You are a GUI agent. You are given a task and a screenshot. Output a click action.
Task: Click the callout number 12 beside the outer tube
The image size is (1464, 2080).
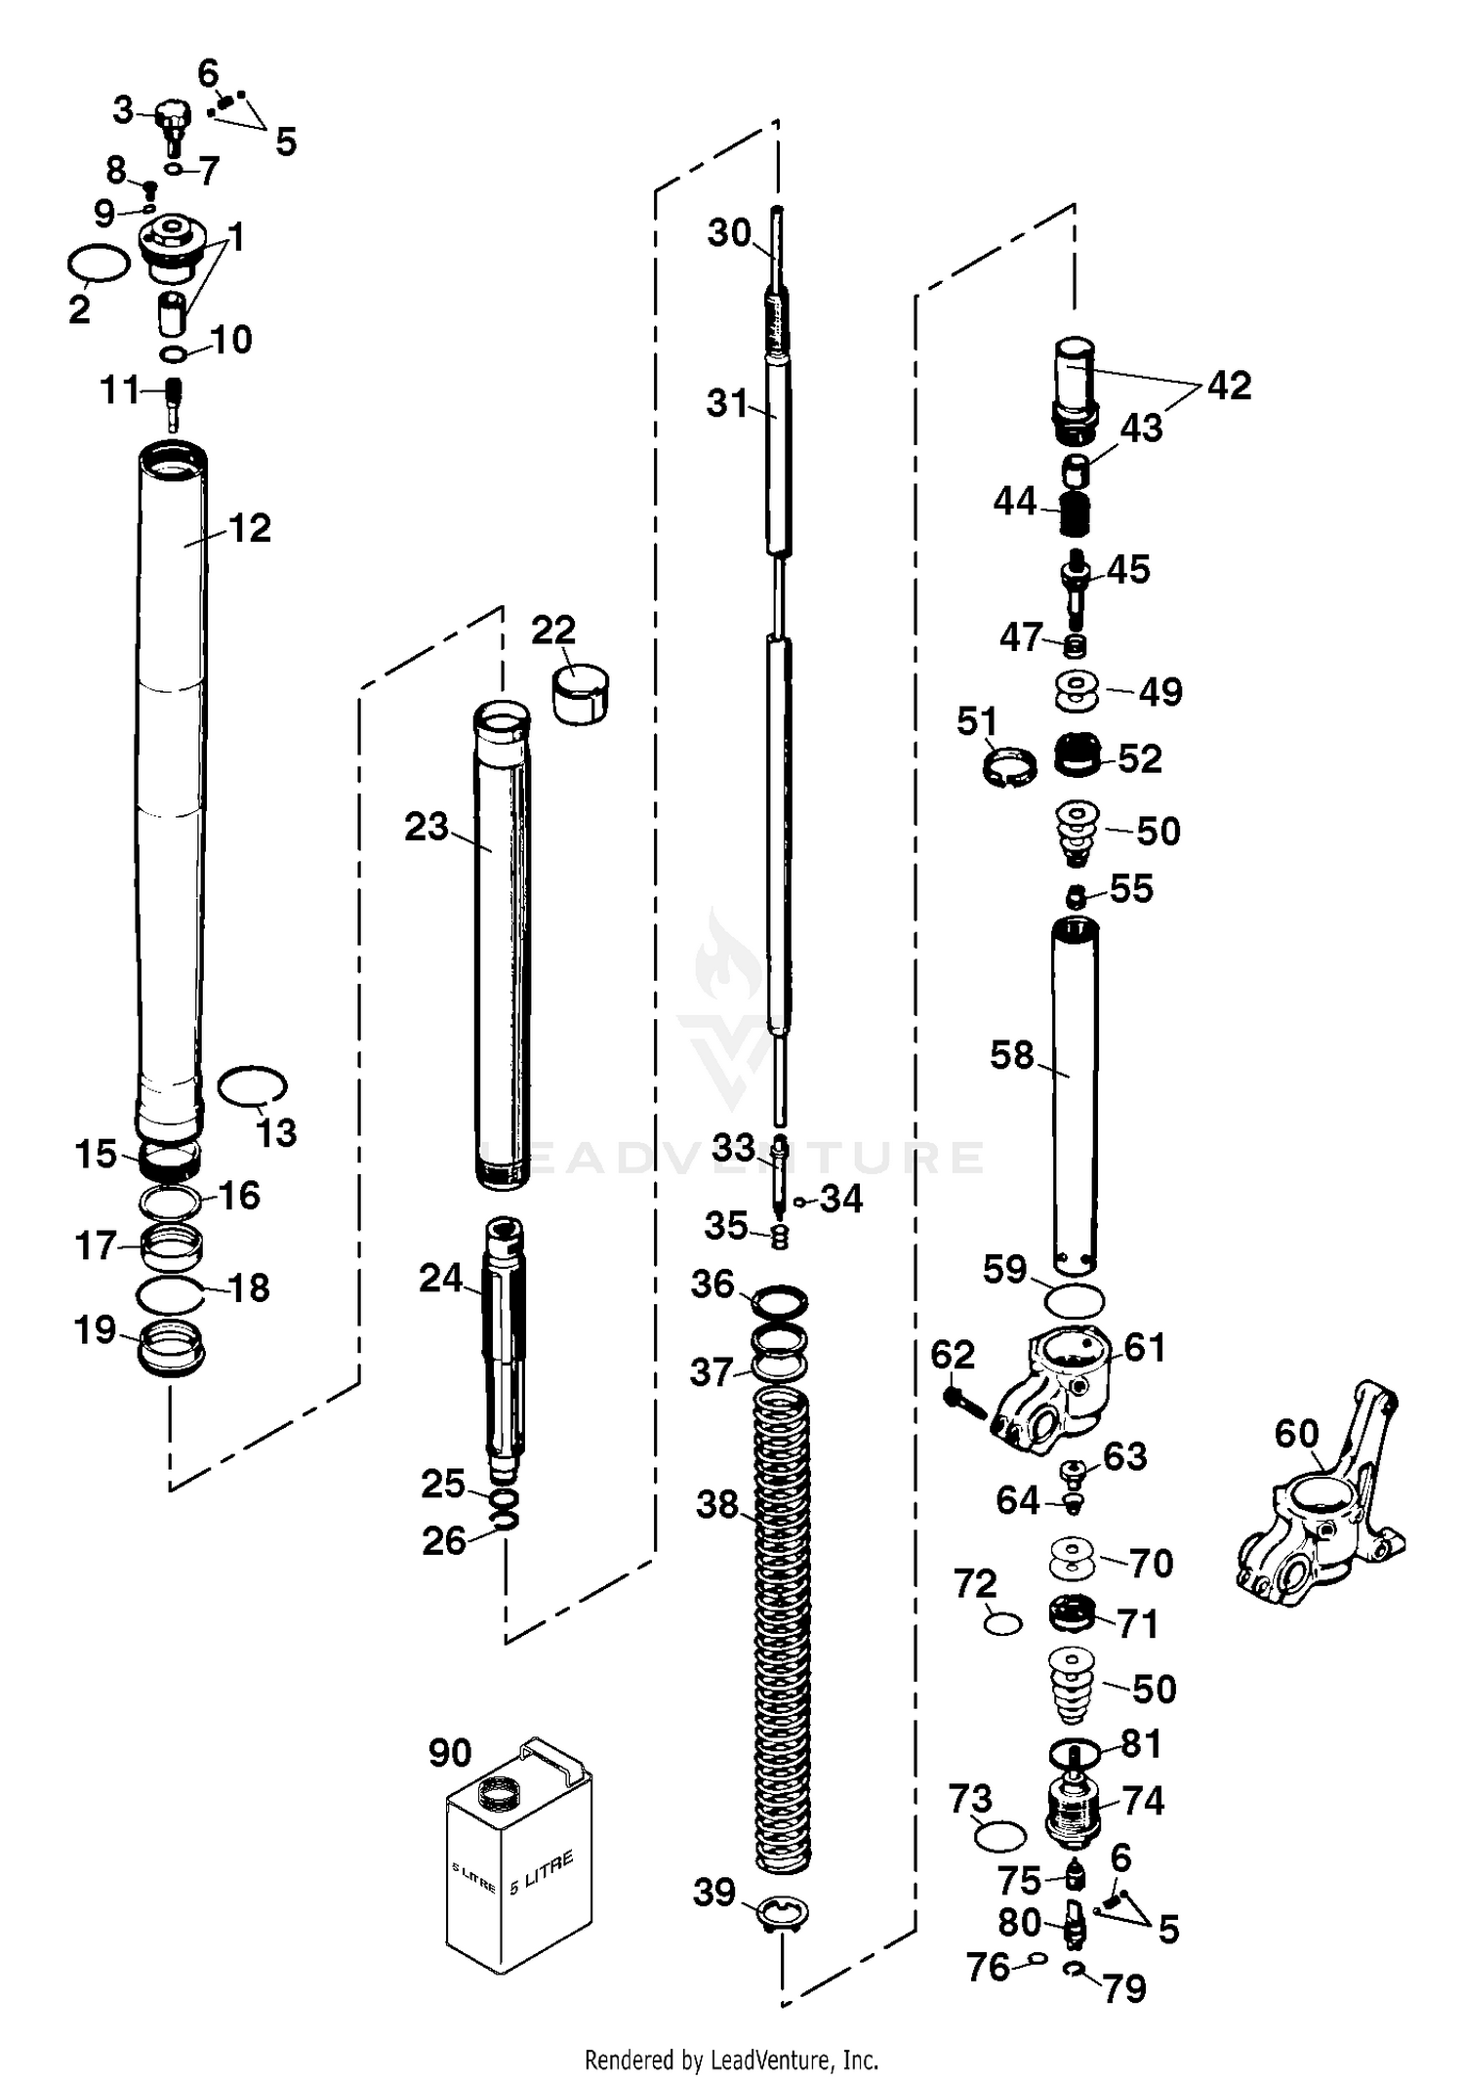coord(249,528)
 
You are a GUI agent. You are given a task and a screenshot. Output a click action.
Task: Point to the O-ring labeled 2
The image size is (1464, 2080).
coord(99,264)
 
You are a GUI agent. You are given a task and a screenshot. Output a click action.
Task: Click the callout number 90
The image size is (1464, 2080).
coord(450,1753)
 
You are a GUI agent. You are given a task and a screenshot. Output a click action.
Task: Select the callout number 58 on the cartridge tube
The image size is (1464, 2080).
coord(1011,1055)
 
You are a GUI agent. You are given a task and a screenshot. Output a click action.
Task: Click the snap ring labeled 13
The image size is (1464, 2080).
coord(252,1085)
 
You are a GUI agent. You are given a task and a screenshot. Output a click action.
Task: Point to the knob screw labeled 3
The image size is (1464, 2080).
coord(172,122)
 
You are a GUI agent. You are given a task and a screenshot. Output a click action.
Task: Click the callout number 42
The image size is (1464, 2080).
coord(1229,386)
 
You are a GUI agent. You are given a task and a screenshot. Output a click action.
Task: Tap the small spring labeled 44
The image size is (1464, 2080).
coord(1074,513)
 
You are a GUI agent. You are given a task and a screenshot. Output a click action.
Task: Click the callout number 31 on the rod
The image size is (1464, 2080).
coord(727,402)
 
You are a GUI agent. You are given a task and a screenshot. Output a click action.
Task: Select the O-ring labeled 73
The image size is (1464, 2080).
coord(999,1835)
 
